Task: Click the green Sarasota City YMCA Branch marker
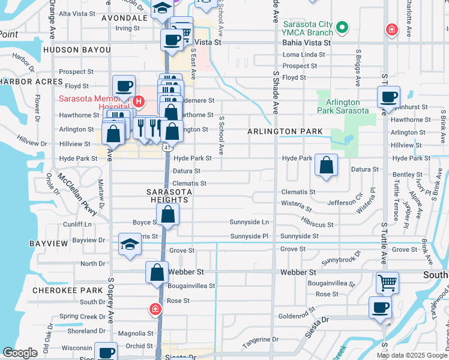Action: (x=342, y=27)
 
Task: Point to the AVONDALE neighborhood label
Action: (x=125, y=18)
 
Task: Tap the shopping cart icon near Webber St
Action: (x=387, y=282)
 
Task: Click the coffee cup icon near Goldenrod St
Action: (x=379, y=308)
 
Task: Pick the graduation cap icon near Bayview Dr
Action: (x=129, y=244)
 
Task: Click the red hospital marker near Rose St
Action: (x=155, y=309)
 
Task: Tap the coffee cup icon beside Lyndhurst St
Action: (x=388, y=97)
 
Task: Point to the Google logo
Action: (x=20, y=353)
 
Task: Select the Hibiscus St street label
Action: (x=318, y=224)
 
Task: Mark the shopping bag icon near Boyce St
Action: (x=168, y=214)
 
